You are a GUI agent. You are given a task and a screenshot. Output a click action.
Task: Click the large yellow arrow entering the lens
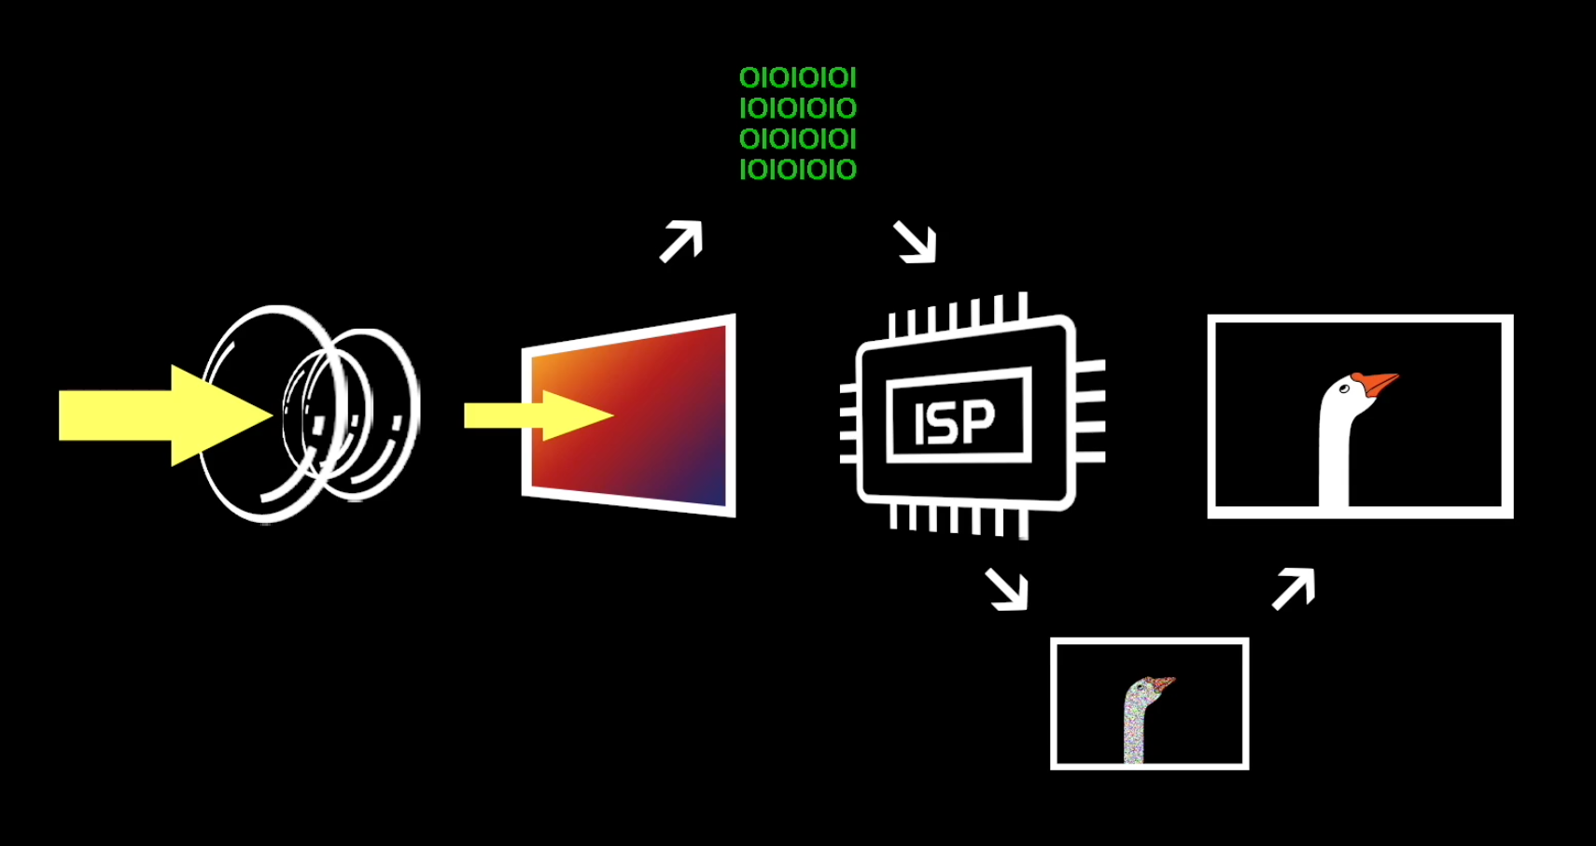click(165, 416)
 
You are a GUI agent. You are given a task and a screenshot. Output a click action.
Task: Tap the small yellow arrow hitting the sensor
click(539, 416)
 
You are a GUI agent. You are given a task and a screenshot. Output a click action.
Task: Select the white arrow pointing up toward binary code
click(681, 241)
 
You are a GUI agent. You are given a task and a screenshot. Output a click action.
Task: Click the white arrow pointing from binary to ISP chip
click(915, 242)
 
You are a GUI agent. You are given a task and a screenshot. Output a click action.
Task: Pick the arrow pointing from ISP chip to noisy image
click(1007, 588)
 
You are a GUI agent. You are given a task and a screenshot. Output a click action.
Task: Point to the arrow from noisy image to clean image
click(1294, 588)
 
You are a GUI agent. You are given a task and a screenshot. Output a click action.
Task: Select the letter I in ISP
click(920, 426)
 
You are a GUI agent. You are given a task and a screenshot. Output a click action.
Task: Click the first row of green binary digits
click(798, 77)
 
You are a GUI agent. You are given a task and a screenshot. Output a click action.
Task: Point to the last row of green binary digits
click(798, 170)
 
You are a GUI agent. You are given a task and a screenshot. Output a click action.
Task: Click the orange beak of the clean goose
click(1377, 384)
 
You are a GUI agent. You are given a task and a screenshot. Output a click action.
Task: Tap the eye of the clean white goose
click(1344, 388)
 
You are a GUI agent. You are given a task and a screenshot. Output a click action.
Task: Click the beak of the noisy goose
click(1164, 684)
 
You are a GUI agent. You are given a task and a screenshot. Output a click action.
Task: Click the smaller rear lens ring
click(413, 414)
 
